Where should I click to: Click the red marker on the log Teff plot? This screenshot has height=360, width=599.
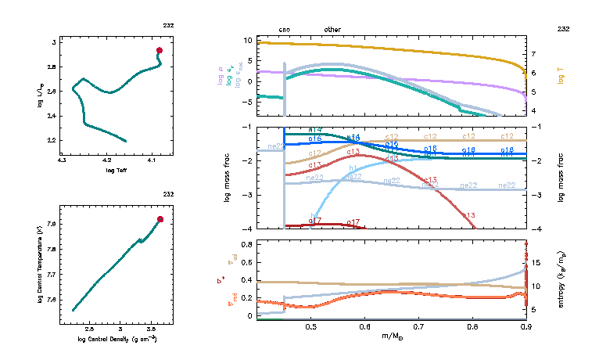159,50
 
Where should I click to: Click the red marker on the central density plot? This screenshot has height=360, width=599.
160,219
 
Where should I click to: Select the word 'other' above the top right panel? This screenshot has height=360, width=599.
332,30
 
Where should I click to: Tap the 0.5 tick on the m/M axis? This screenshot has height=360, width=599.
311,326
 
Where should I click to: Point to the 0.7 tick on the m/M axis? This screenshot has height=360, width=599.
418,326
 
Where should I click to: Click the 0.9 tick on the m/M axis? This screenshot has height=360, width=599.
525,326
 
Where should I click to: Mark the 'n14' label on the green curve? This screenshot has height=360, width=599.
315,129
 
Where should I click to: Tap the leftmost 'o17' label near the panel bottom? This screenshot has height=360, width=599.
315,221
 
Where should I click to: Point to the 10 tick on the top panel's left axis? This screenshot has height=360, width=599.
250,40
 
